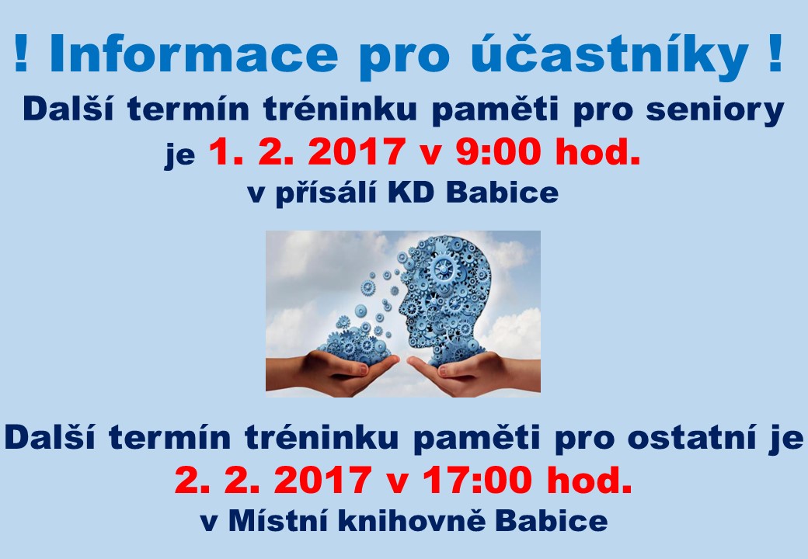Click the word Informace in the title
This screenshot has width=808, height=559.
193,54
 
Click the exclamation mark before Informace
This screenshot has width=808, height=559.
21,54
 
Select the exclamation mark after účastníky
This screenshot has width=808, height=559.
775,54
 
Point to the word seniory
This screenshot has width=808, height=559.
715,111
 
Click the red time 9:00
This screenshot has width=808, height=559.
498,151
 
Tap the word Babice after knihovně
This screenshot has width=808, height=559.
551,521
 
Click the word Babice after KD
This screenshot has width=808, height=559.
502,193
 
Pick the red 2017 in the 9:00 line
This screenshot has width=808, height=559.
356,151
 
